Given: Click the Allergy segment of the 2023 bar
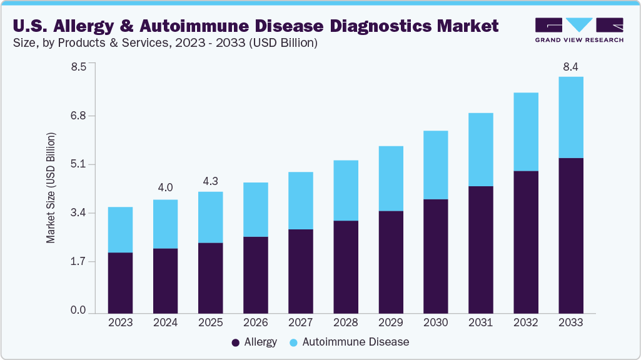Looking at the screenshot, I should coord(120,282).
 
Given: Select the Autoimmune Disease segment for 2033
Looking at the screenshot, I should coord(570,117).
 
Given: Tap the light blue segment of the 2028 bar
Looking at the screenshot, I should coord(345,191).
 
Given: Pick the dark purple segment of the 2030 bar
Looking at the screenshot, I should coord(435,256).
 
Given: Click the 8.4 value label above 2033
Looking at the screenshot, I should coord(570,67).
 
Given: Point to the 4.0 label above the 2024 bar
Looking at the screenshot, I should coord(165,187).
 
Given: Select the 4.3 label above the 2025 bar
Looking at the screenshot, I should coord(210,182).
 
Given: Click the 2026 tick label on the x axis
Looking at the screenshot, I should coord(255,322).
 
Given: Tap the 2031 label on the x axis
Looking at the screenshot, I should coord(480,322).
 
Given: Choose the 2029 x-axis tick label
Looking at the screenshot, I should coord(390,322).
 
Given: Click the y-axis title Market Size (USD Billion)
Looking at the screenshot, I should coord(51,188).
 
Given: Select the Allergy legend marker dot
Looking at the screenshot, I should coord(235,342).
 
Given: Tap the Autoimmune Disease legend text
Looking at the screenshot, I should coord(355,342).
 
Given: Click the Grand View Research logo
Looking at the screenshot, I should coord(579,29).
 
